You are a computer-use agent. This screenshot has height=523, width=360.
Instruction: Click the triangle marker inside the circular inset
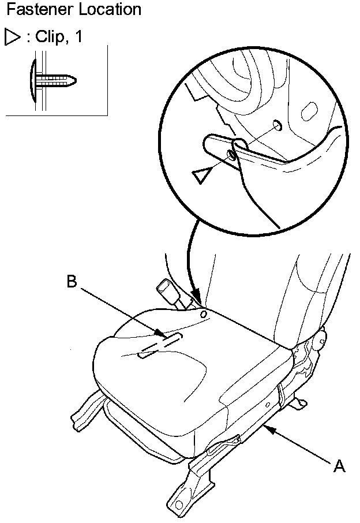pos(201,175)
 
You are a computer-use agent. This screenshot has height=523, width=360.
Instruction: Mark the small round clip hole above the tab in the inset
pos(276,125)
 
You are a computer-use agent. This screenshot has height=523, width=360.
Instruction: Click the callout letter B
pos(72,282)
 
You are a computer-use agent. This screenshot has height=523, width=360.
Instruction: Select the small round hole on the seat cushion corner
pos(203,315)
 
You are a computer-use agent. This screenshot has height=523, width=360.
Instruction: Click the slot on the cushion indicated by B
pos(161,345)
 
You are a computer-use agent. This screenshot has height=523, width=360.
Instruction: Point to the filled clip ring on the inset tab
pos(231,155)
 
